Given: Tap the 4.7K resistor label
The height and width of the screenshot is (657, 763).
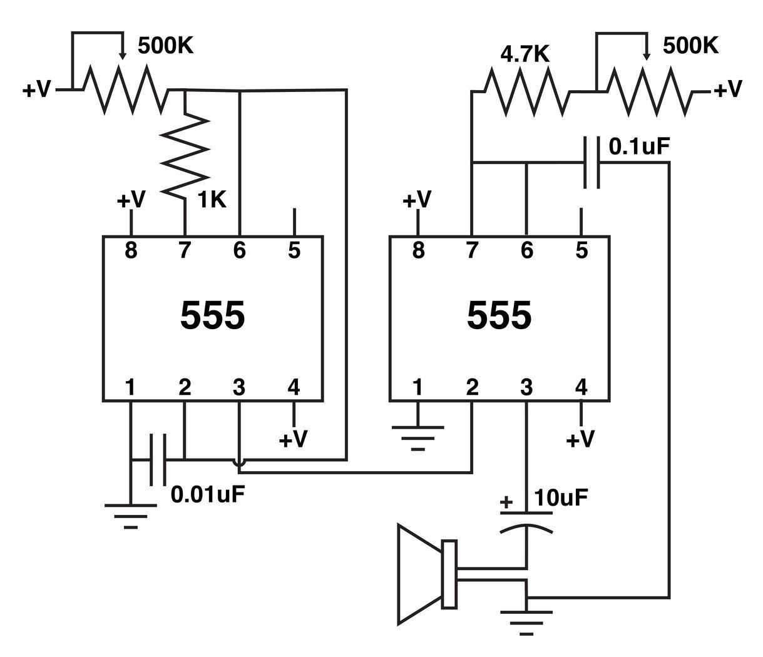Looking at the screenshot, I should click(x=525, y=54).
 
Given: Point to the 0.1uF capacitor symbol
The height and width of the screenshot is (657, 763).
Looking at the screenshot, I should click(x=591, y=163).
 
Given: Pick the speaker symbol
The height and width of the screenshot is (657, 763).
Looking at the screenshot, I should click(x=429, y=574).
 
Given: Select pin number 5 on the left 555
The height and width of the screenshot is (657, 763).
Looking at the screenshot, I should click(x=294, y=251).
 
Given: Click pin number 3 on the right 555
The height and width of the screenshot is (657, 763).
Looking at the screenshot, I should click(x=526, y=387).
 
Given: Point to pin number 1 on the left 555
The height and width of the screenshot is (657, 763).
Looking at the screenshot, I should click(x=130, y=387).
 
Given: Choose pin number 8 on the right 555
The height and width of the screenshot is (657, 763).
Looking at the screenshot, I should click(x=418, y=251).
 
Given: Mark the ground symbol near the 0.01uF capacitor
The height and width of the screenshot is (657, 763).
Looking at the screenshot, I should click(x=130, y=515).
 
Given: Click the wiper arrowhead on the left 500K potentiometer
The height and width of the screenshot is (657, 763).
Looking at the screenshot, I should click(x=122, y=56).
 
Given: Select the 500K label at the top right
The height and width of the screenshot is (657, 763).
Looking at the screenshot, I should click(x=690, y=45).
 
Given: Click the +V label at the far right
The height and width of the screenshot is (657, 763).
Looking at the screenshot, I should click(x=727, y=89).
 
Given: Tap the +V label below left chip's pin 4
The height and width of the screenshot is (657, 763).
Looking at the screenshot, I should click(x=293, y=439).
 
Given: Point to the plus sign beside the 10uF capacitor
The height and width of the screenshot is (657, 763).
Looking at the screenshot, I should click(x=506, y=502).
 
